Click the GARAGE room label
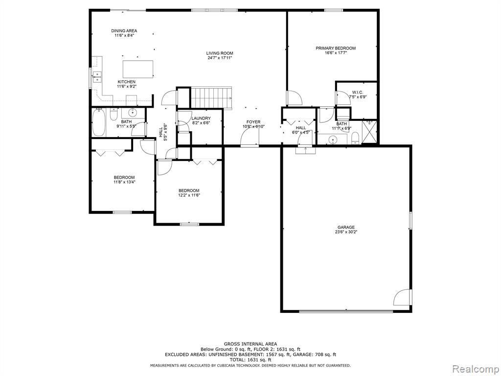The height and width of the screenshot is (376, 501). [345, 227]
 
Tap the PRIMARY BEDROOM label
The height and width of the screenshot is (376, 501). [335, 48]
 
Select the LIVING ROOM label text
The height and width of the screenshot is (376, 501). [219, 53]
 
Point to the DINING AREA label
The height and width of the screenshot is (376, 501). [124, 31]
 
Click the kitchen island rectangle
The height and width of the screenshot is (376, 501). [137, 69]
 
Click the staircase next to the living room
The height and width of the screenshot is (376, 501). [210, 97]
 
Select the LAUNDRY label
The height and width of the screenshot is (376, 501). [201, 118]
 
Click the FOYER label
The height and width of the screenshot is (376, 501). [253, 122]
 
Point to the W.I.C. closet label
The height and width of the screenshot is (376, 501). [357, 92]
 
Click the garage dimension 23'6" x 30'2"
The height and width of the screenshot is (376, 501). [345, 232]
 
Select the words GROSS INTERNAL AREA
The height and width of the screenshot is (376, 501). [250, 344]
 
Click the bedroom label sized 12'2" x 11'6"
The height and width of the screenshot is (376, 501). [189, 190]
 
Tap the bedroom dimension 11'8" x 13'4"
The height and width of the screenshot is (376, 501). [124, 182]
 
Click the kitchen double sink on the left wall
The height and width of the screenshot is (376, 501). [97, 77]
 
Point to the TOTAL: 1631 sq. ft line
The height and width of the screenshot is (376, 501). [250, 360]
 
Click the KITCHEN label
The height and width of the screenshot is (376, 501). [126, 82]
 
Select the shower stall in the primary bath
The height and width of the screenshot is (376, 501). [369, 131]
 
